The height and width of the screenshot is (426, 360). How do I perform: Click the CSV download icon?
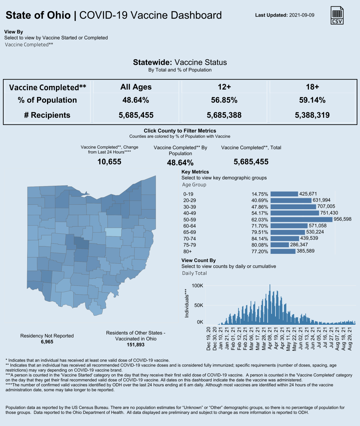(x=337, y=15)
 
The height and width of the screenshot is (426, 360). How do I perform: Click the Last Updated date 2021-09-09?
(x=301, y=15)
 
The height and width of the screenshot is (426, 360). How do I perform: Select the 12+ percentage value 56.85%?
(x=224, y=100)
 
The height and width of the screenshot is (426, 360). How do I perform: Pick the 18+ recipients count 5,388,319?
(x=312, y=115)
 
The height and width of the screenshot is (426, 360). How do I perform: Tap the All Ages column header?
(x=136, y=87)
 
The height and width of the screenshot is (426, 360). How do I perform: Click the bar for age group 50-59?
(x=301, y=220)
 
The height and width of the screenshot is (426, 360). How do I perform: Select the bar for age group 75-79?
(x=280, y=245)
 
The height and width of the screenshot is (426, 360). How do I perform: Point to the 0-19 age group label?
(x=188, y=194)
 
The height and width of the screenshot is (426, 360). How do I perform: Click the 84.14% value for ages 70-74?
(x=260, y=239)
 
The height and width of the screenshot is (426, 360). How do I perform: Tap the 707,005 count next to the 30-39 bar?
(x=326, y=206)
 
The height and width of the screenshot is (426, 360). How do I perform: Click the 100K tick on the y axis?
(x=197, y=286)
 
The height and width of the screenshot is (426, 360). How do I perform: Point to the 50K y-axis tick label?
(x=199, y=305)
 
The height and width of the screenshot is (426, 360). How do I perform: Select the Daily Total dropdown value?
(x=194, y=273)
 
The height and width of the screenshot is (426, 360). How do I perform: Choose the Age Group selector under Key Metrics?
(x=194, y=185)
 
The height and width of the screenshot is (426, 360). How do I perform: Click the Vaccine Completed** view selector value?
(x=29, y=45)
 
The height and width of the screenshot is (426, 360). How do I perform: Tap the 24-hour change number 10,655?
(x=109, y=162)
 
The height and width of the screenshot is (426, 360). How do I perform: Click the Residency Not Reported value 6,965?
(x=47, y=342)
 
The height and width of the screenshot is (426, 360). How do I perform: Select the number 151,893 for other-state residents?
(x=136, y=345)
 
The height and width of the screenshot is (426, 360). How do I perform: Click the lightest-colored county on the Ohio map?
(x=113, y=232)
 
